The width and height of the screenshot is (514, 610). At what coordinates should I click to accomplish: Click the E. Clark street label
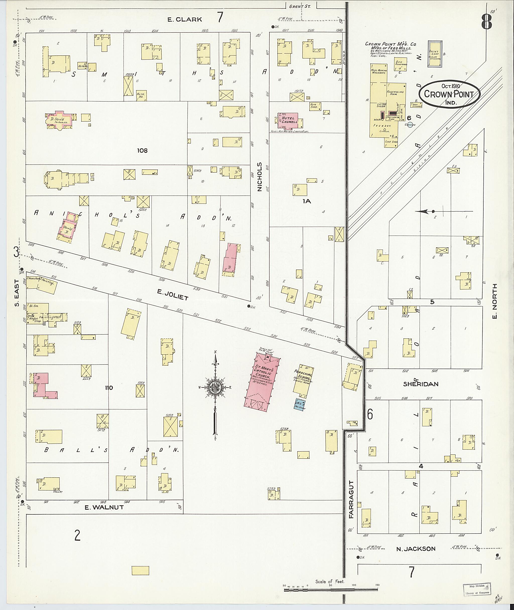184,20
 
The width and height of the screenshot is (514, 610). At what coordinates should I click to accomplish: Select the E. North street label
494,301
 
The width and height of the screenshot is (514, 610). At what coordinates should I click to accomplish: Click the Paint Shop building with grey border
435,54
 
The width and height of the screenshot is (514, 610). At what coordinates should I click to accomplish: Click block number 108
142,150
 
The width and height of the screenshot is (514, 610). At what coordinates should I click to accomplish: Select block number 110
109,388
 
